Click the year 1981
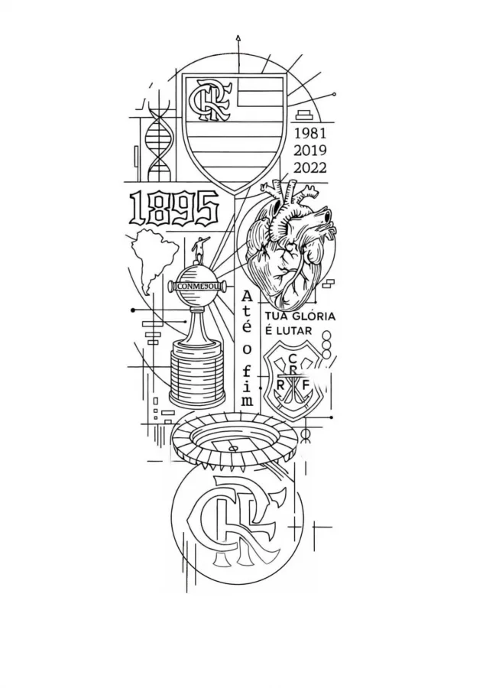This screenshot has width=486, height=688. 310,133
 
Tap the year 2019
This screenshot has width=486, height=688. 310,151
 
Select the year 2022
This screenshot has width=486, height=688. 310,168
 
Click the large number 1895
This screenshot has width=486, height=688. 175,207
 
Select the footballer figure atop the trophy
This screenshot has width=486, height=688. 199,250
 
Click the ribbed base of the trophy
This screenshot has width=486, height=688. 198,378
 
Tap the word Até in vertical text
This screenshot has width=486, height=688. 248,312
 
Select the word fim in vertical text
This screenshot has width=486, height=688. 248,387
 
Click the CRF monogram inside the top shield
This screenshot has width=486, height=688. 209,99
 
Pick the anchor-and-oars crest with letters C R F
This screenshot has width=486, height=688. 295,379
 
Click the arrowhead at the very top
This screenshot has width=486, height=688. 238,38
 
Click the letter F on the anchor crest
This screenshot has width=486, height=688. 306,384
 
